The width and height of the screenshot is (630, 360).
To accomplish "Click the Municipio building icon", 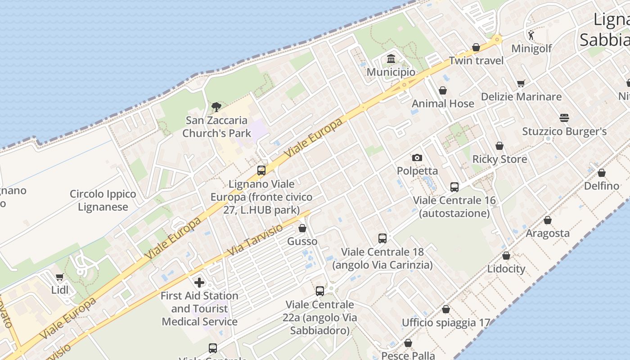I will pos(391,59).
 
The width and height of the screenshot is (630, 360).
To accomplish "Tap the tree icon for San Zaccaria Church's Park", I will pos(216,107).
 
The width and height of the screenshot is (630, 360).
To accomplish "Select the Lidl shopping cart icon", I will pos(60,277).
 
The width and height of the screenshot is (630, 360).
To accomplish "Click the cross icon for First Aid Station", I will pos(199,283).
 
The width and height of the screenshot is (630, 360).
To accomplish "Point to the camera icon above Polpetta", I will pos(417,157).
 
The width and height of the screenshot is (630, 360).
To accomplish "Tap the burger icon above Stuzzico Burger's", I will pos(564,118).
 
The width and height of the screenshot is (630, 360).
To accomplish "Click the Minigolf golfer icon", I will pos(531,35).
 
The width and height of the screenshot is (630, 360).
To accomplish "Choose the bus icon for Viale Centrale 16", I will pos(454,187).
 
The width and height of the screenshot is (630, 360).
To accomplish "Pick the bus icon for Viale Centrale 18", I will pos(382,238).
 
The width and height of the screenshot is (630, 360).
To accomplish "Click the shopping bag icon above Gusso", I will pos(302,228).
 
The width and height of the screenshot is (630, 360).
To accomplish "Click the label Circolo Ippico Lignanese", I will pos(103,201).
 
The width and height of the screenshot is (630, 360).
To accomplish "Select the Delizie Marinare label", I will pos(521,97).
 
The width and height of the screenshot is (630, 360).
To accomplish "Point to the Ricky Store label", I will pos(499,159).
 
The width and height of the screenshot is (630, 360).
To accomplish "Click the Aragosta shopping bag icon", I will pos(548,220).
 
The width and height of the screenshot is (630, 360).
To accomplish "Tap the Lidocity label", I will pos(506,269).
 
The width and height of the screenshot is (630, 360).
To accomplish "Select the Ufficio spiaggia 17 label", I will pos(445,323).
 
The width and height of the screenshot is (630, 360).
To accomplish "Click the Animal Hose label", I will pos(443,103).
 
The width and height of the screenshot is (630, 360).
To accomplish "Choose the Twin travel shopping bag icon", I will pos(476,47).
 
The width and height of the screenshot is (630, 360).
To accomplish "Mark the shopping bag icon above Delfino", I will pos(602,173).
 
